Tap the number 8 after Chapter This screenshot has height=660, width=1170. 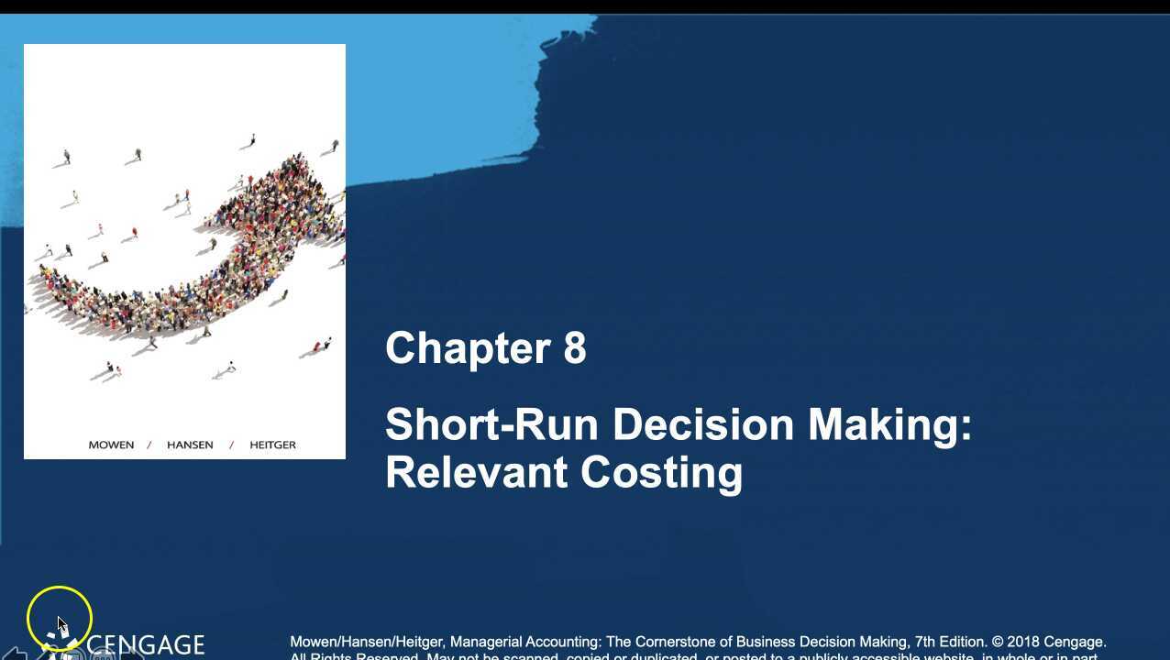[x=575, y=348]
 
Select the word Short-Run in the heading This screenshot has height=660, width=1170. [x=491, y=425]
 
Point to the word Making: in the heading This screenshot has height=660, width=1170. [x=889, y=425]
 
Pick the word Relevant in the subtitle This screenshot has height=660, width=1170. [x=477, y=473]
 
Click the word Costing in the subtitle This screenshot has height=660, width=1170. [x=661, y=473]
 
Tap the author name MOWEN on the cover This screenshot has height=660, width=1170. [x=111, y=445]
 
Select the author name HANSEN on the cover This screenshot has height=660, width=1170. [x=190, y=445]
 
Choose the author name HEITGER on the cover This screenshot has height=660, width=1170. [x=272, y=445]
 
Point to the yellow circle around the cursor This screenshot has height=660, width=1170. [x=60, y=618]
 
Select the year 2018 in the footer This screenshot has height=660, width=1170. [x=1023, y=642]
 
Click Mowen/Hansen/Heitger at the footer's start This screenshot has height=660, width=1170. [x=367, y=642]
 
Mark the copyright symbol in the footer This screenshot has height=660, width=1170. [x=997, y=642]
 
